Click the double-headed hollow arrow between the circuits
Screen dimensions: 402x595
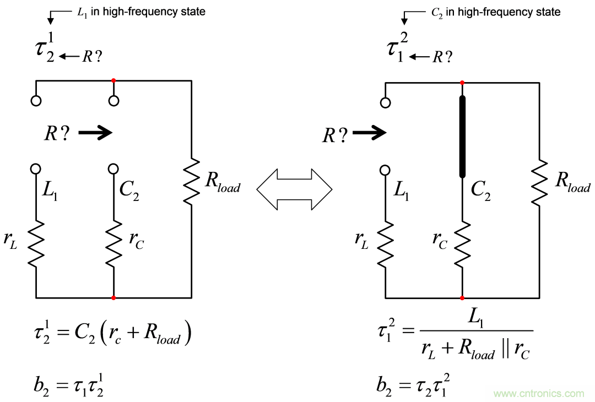click(295, 189)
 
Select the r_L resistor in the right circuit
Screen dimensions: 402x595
click(385, 242)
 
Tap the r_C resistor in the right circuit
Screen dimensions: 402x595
click(462, 242)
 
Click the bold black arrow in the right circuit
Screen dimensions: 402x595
click(369, 132)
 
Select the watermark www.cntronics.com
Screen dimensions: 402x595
click(539, 393)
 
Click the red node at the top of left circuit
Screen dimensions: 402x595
click(113, 81)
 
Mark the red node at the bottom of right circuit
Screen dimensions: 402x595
click(462, 298)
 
